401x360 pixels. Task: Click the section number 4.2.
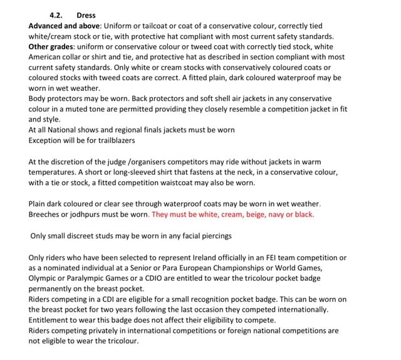tap(56, 14)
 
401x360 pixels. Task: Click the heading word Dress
tap(86, 14)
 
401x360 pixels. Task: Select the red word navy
tap(284, 214)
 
